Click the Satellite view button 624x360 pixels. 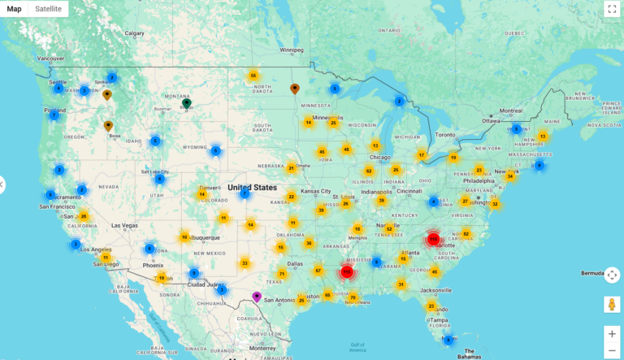[x=48, y=9]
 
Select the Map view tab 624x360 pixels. [x=14, y=9]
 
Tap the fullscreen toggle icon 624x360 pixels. [x=612, y=9]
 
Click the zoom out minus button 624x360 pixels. [x=612, y=350]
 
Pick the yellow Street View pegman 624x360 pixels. [x=612, y=305]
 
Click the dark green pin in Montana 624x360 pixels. [x=186, y=103]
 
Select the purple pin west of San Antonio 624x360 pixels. [x=258, y=297]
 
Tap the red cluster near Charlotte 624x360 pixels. [x=434, y=239]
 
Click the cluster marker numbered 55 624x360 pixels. [x=253, y=76]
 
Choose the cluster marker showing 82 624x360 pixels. [x=466, y=234]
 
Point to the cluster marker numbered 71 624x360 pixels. [x=282, y=274]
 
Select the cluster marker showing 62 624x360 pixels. [x=369, y=171]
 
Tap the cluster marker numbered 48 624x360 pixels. [x=346, y=150]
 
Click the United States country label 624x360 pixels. [x=253, y=187]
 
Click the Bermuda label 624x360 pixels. [x=594, y=274]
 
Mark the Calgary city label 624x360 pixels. [x=134, y=33]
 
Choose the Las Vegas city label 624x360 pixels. [x=125, y=225]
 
